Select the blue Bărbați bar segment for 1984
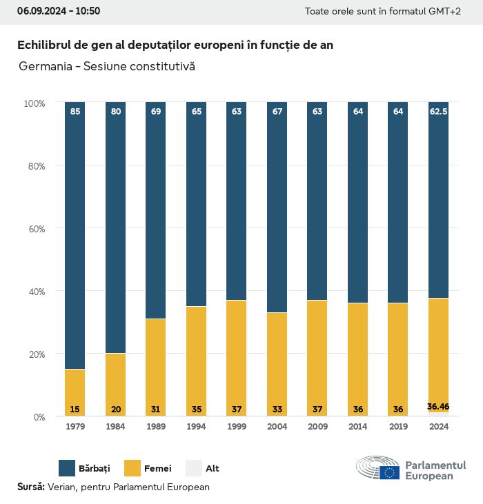[116, 228]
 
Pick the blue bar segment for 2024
[438, 200]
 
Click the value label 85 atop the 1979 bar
[75, 111]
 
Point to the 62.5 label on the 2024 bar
[438, 111]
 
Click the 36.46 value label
[438, 407]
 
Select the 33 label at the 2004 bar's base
[277, 410]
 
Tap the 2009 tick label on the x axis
[317, 427]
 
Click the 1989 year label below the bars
[156, 427]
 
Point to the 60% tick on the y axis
[34, 228]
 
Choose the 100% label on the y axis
[34, 103]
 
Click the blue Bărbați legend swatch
[67, 468]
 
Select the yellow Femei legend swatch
[132, 468]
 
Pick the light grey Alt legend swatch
[193, 468]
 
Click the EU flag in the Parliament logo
[389, 472]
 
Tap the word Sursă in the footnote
[30, 487]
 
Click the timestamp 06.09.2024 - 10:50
[59, 11]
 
